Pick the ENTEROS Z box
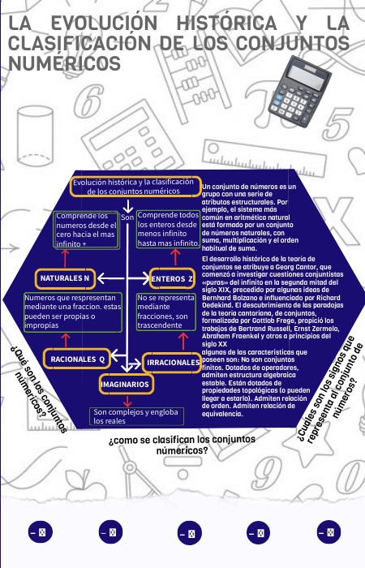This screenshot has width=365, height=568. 173,279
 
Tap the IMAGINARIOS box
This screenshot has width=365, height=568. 126,382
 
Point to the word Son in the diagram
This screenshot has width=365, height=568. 127,217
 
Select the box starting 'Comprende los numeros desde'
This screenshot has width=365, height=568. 85,230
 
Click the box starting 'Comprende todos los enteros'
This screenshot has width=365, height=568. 169,230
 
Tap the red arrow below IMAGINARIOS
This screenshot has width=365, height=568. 127,400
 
